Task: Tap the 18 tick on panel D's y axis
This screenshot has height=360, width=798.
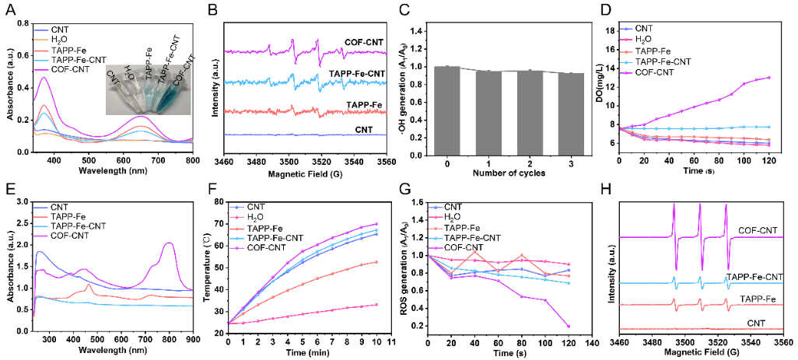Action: [612, 30]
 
